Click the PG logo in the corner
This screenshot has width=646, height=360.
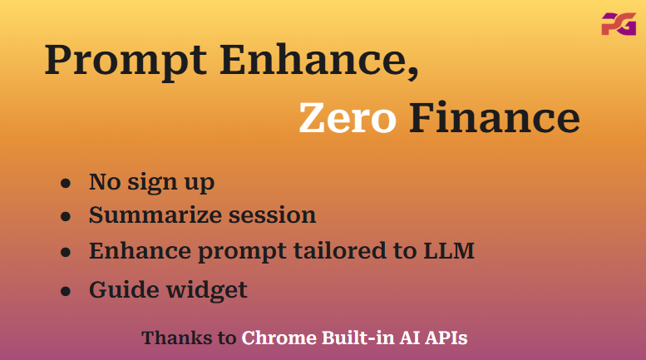coord(619,24)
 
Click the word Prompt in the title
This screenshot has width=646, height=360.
coord(126,60)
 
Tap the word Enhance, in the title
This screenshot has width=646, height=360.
coord(319,60)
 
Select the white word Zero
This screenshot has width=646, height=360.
coord(348,118)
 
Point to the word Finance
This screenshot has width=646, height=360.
coord(495,118)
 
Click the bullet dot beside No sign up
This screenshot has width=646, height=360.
coord(66,183)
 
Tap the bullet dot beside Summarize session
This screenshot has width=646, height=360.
coord(66,216)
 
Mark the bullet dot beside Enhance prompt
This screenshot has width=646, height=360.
coord(66,252)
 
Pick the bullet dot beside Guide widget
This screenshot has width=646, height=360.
coord(66,291)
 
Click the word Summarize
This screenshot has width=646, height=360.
coord(155,215)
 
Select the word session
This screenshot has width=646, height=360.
coord(273,215)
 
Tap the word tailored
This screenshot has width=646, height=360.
coord(340,250)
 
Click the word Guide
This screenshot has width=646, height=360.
coord(124,289)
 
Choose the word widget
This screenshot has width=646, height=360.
coord(206,290)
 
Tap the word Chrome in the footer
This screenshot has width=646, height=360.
coord(279,338)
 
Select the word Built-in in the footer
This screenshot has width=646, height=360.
coord(358,338)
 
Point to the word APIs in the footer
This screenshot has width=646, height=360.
coord(446,338)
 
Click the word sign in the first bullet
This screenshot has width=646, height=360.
coord(152,183)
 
